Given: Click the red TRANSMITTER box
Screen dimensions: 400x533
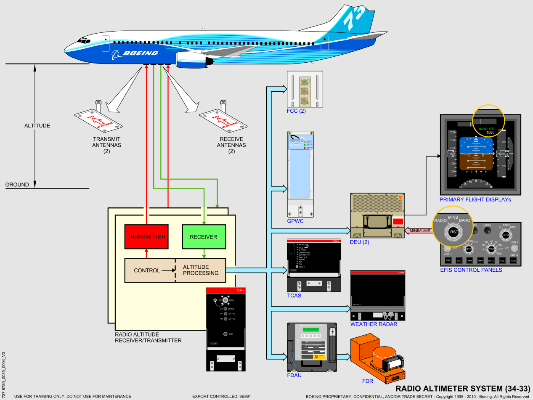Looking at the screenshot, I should tap(146, 237).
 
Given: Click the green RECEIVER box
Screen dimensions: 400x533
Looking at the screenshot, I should tap(203, 237).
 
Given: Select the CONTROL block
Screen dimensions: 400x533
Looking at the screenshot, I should tap(147, 270).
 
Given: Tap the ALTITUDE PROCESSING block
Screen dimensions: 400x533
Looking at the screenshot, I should tap(201, 270).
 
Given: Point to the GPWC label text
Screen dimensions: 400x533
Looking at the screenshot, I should tap(295, 221).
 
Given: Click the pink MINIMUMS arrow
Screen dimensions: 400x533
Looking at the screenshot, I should tap(418, 230).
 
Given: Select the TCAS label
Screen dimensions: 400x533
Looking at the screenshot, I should tap(294, 296).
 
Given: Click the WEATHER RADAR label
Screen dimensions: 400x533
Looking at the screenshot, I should tap(374, 324).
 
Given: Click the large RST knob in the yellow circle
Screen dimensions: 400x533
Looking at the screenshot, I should tap(453, 232).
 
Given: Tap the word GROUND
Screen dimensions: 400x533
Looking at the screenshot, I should tap(17, 185).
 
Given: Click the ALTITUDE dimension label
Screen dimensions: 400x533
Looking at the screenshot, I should tap(37, 126).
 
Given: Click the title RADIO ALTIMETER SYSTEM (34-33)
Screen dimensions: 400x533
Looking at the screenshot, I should tap(462, 388).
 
